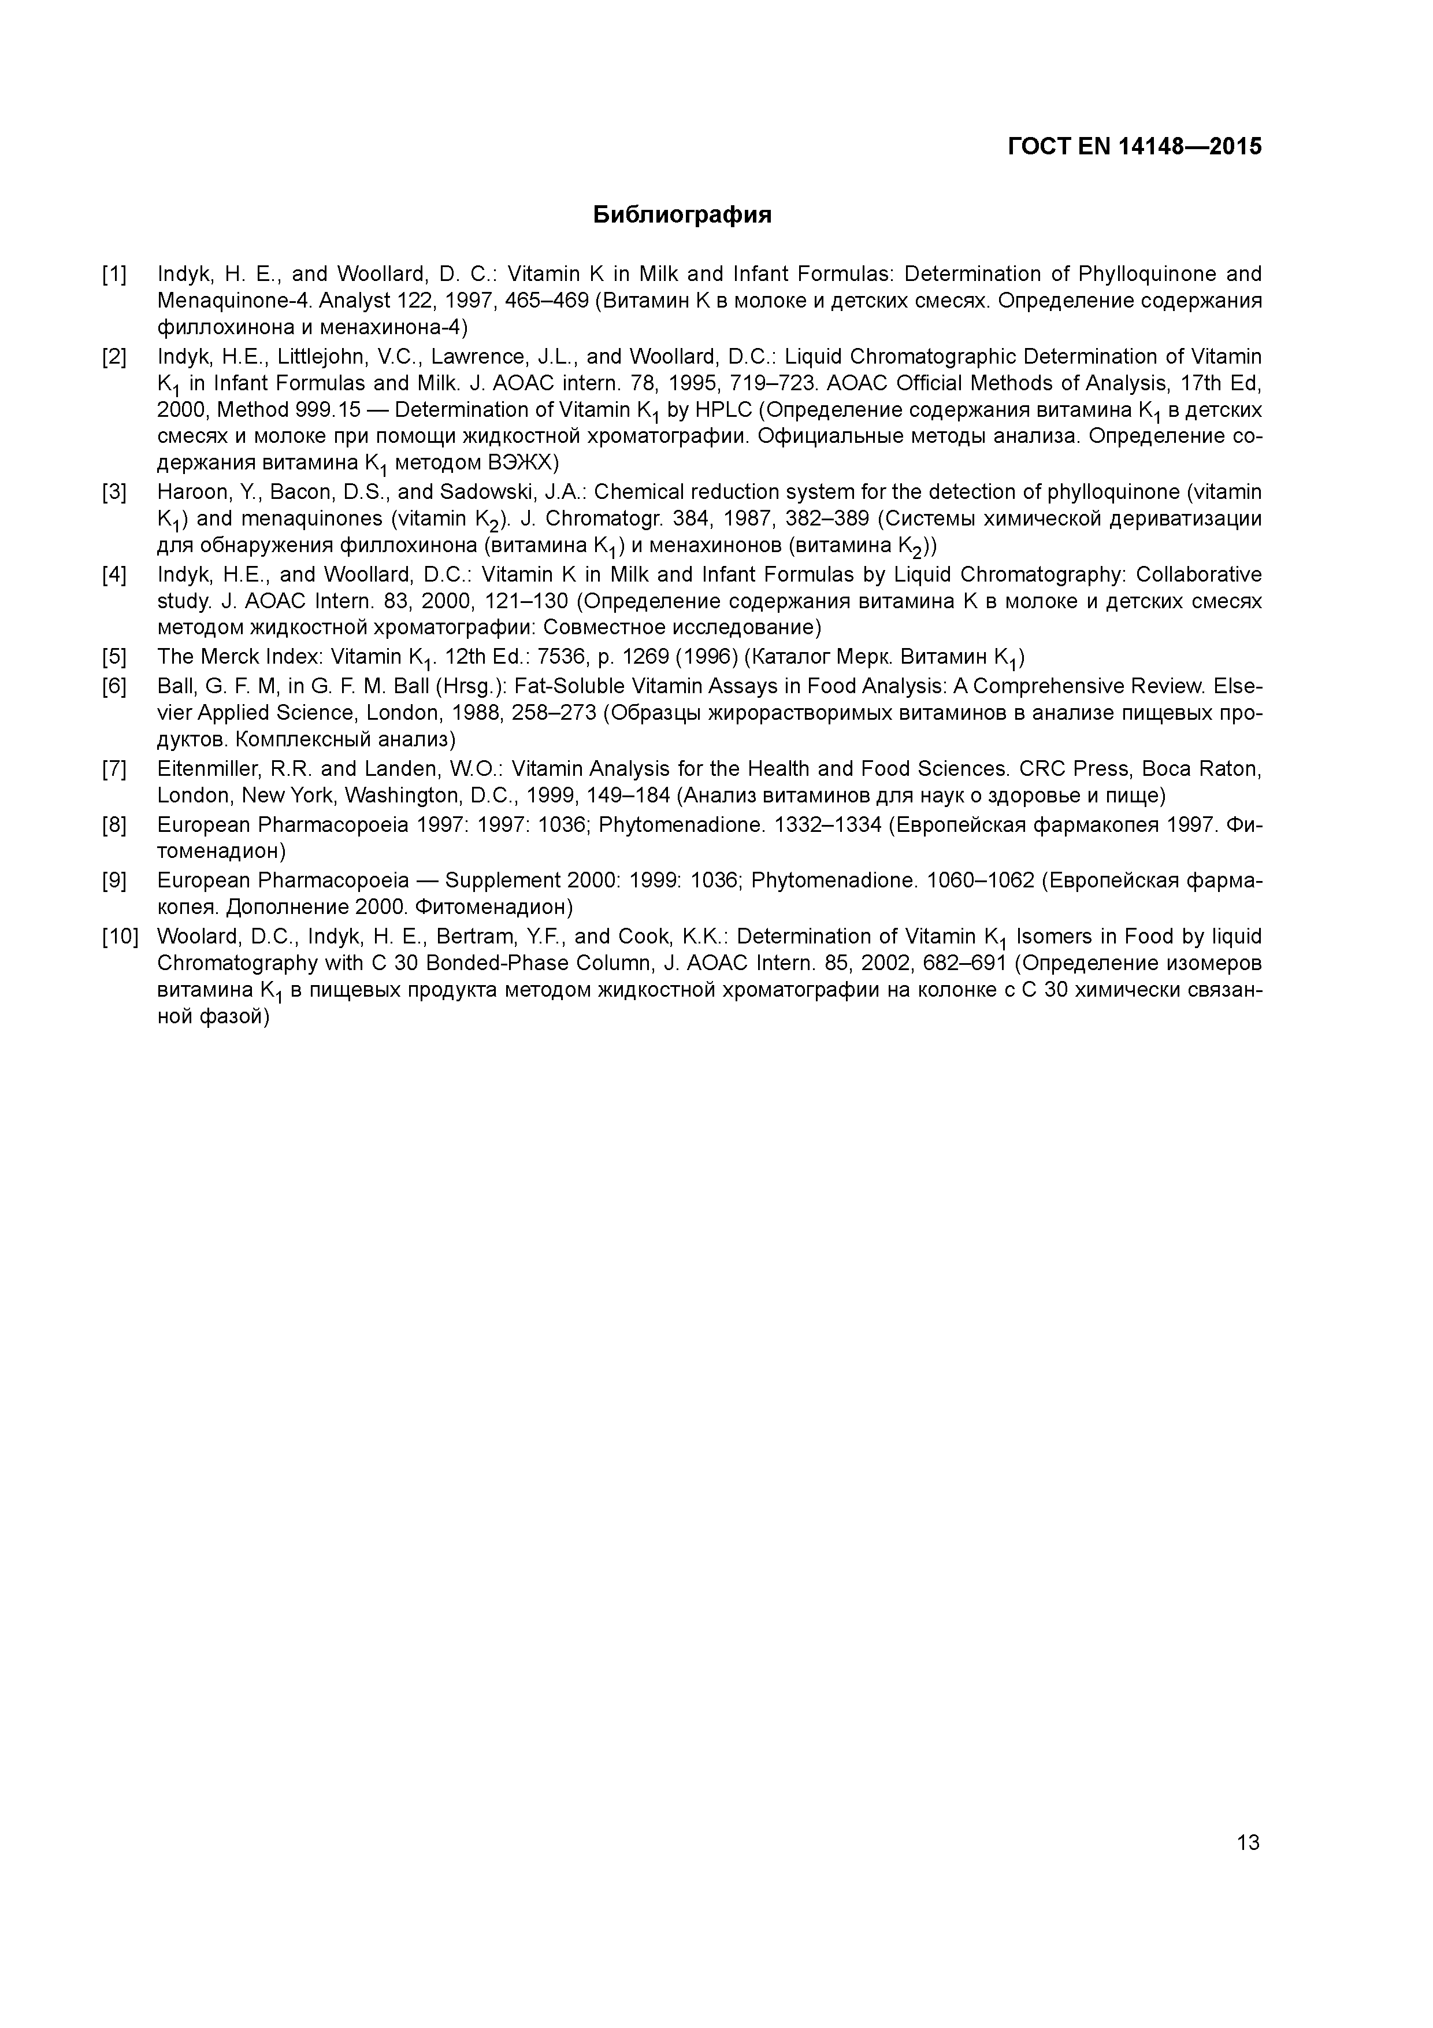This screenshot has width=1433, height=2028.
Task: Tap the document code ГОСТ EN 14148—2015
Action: pos(1135,147)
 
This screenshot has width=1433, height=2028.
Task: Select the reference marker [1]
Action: pos(114,275)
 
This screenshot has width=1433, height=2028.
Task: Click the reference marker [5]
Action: pos(114,657)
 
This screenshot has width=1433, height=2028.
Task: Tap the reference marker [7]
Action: pos(114,769)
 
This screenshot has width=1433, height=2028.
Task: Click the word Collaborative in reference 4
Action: pos(1198,575)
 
